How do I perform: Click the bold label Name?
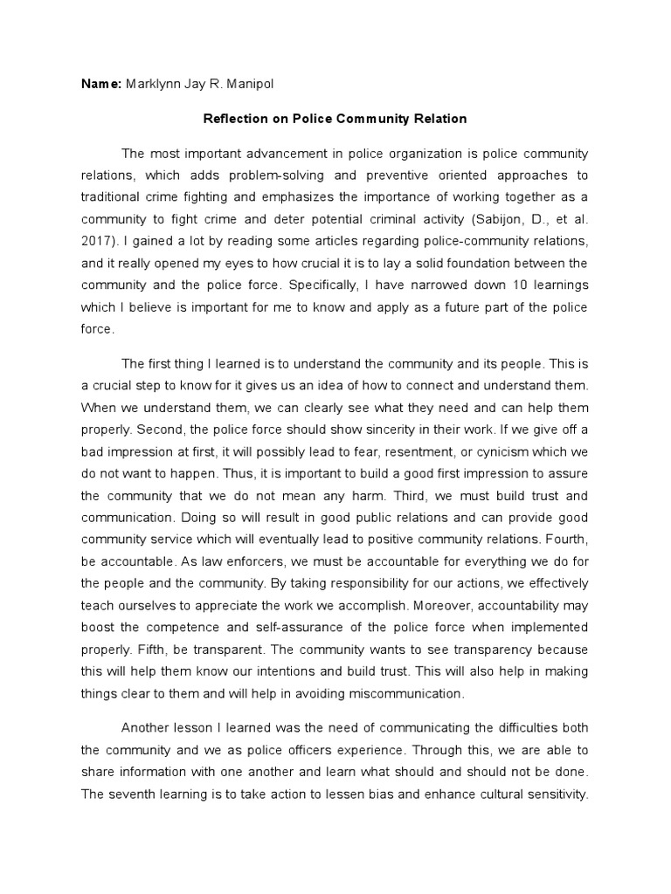100,84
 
